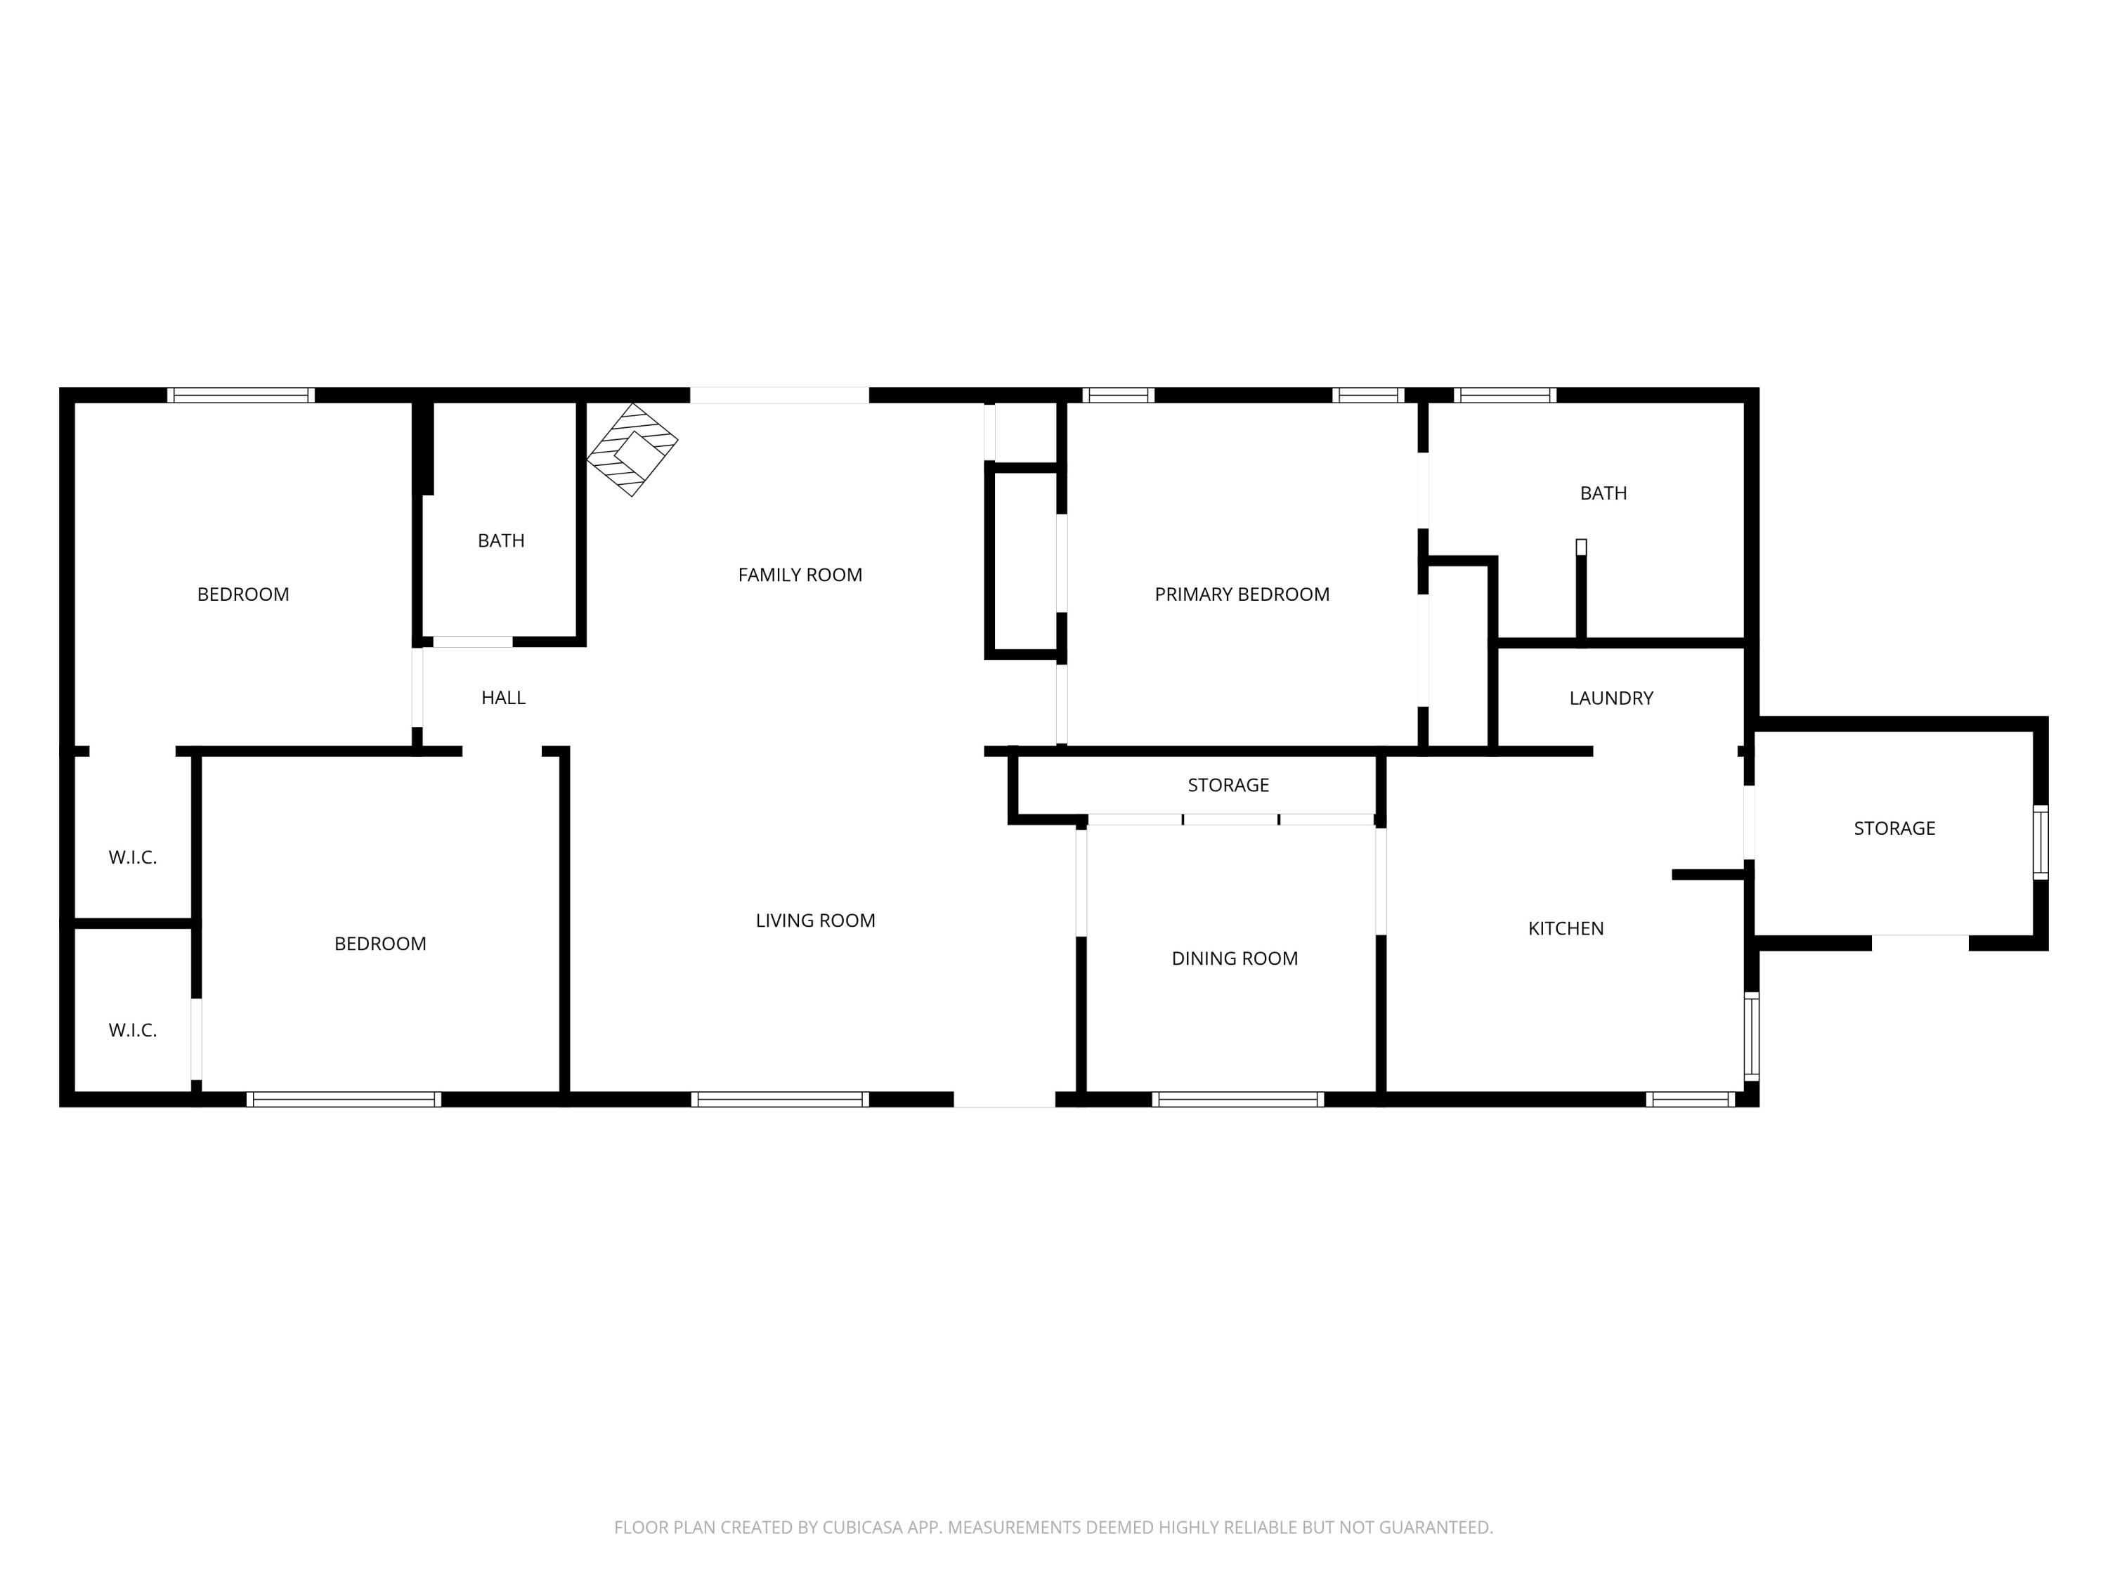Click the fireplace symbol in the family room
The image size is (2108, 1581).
click(x=632, y=449)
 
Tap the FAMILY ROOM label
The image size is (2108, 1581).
click(x=800, y=575)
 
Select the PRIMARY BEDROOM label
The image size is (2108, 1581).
click(x=1241, y=594)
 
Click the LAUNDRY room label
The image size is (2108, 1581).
click(x=1611, y=698)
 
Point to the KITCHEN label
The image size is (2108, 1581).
click(x=1565, y=928)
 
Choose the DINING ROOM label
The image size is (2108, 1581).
click(x=1234, y=958)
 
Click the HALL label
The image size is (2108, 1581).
click(x=503, y=698)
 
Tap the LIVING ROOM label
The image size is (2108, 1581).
click(x=815, y=920)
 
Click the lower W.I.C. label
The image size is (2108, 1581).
click(x=133, y=1030)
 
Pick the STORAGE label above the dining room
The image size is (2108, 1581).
click(x=1228, y=786)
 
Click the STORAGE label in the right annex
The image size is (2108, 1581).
click(x=1894, y=829)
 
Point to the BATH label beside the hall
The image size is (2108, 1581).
click(x=500, y=541)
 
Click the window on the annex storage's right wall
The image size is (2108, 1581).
click(x=2041, y=842)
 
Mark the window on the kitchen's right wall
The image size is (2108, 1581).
click(x=1752, y=1036)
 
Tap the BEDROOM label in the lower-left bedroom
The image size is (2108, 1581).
click(x=379, y=944)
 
